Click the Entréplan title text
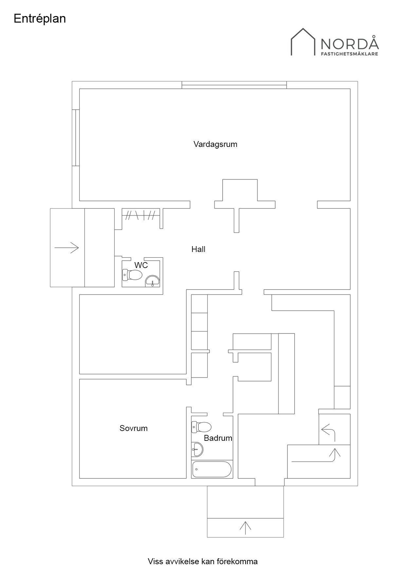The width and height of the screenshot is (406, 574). pyautogui.click(x=40, y=19)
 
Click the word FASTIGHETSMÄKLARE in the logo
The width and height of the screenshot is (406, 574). pyautogui.click(x=349, y=54)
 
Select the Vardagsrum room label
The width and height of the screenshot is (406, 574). pyautogui.click(x=215, y=144)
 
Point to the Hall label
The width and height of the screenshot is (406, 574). pyautogui.click(x=198, y=249)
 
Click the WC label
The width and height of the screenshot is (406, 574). pyautogui.click(x=141, y=265)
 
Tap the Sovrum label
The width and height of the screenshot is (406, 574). pyautogui.click(x=134, y=428)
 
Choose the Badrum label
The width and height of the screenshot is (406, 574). pyautogui.click(x=218, y=438)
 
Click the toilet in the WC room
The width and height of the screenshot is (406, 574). pyautogui.click(x=132, y=275)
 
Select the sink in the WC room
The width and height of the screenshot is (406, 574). pyautogui.click(x=152, y=281)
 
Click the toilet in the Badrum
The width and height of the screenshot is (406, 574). pyautogui.click(x=201, y=427)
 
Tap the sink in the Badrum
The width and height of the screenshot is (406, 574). pyautogui.click(x=197, y=450)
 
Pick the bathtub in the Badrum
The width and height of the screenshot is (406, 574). pyautogui.click(x=212, y=470)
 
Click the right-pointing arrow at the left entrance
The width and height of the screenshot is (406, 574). pyautogui.click(x=67, y=248)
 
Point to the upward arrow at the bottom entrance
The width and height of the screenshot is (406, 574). pyautogui.click(x=245, y=528)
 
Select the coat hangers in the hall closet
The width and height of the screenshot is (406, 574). pyautogui.click(x=141, y=215)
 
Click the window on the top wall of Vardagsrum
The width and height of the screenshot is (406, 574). pyautogui.click(x=234, y=85)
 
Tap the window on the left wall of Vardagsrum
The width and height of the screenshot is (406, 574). pyautogui.click(x=76, y=138)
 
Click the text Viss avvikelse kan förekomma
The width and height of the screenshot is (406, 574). pyautogui.click(x=203, y=562)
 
